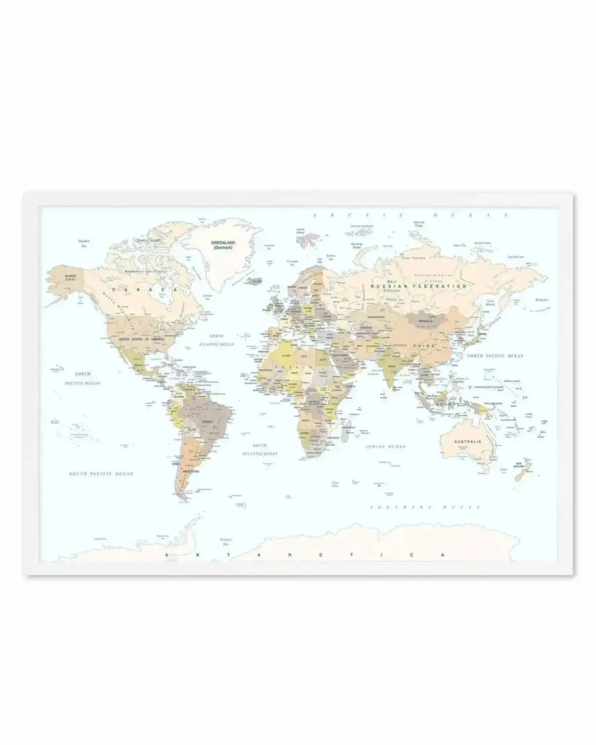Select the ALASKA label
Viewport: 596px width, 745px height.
click(64, 276)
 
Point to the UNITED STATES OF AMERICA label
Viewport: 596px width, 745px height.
click(141, 339)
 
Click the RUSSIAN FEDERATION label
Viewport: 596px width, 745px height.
click(419, 287)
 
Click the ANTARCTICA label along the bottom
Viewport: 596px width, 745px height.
click(304, 555)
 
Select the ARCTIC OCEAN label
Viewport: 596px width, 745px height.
click(410, 215)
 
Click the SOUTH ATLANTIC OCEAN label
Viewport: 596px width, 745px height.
click(260, 449)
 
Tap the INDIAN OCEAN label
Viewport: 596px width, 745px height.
click(386, 447)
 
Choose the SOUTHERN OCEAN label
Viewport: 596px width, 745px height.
click(426, 507)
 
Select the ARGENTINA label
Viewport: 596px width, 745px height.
click(191, 471)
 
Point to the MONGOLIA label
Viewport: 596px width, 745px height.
click(425, 321)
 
